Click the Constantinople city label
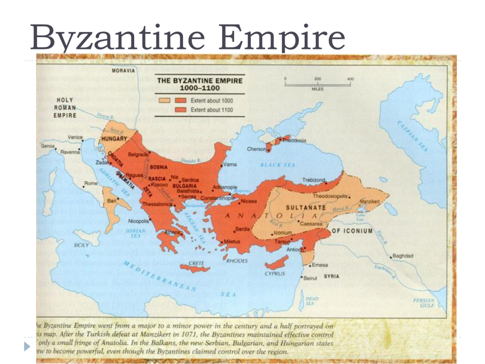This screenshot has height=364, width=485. coord(217,198)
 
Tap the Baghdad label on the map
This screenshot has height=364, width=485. coord(403,256)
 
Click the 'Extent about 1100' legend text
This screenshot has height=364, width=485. coord(212,110)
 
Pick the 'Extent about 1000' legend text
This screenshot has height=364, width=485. coord(212,100)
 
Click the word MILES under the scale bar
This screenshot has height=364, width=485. coord(317,89)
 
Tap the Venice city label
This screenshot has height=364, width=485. coord(75,137)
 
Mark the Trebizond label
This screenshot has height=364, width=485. coord(314,180)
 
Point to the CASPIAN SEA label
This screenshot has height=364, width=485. coord(412,136)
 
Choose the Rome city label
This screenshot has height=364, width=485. coord(91,183)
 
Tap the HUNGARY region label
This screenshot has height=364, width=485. coord(114,138)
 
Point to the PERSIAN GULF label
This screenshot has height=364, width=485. coord(424,303)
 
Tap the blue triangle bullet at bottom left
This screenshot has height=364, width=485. coord(27,347)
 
